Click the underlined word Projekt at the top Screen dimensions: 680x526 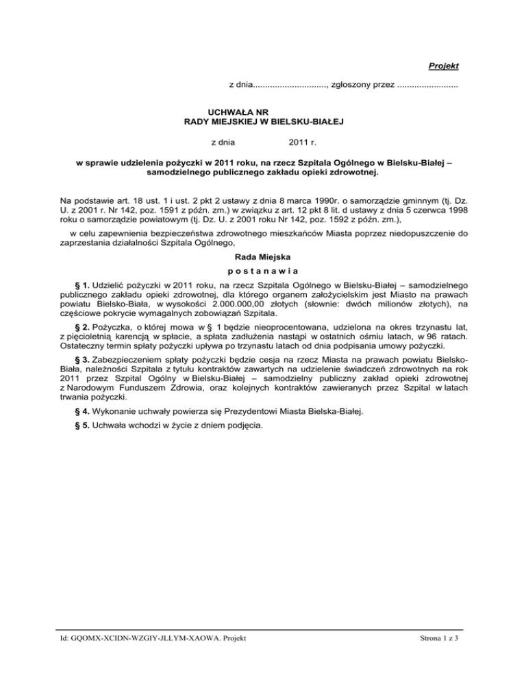(443, 66)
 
